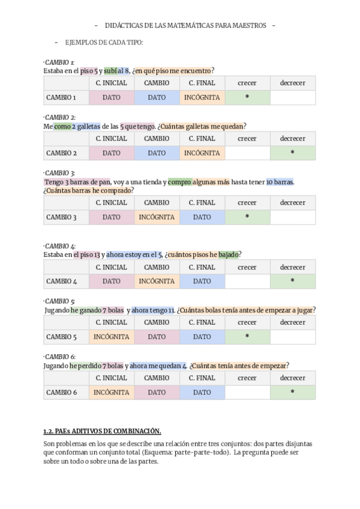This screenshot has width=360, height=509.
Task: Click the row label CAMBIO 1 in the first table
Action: coord(61,97)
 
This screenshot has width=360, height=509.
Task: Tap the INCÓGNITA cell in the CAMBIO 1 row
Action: coord(202,97)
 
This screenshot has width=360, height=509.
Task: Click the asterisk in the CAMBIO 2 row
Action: coord(292,153)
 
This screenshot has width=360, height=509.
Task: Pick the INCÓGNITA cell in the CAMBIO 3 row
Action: coord(157,217)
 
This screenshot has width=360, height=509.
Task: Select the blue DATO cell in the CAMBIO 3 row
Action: coord(202,217)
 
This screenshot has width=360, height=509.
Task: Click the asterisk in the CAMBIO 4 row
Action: coord(292,281)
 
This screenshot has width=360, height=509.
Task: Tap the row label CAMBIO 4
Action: coord(61,281)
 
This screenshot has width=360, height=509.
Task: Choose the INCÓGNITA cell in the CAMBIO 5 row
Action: coord(112,337)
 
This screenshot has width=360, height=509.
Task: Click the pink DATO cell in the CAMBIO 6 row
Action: coord(157,393)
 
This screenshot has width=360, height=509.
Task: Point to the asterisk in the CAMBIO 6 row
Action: coord(292,393)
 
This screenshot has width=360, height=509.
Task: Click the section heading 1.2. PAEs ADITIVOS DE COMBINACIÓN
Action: coord(103,431)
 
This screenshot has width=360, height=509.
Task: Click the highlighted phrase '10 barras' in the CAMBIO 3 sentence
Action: coord(280,182)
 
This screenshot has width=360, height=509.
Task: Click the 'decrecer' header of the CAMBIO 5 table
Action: coord(292,322)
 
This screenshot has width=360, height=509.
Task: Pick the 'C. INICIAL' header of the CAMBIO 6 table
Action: coord(112,378)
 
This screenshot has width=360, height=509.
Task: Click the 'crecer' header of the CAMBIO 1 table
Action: coord(247,83)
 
